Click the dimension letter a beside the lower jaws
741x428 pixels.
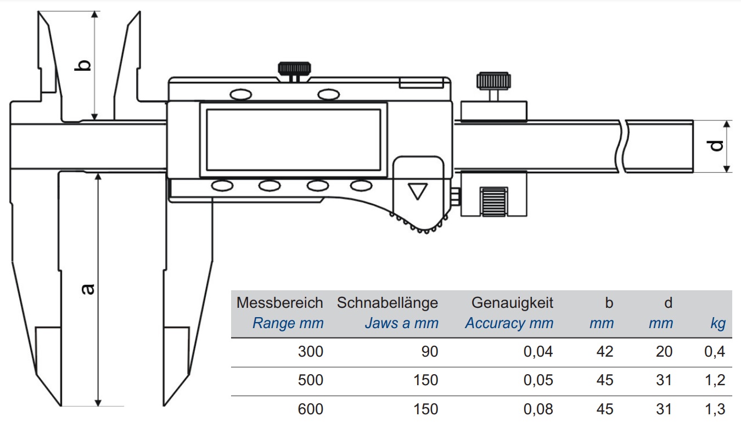(x=88, y=289)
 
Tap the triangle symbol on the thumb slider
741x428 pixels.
(x=418, y=192)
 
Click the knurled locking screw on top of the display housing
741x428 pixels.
(x=294, y=71)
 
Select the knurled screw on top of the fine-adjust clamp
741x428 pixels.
(x=493, y=84)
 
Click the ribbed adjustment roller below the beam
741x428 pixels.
(x=494, y=202)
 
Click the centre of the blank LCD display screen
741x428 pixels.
(x=294, y=140)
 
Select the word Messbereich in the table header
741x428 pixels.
(x=279, y=303)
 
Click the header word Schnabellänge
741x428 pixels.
(x=388, y=303)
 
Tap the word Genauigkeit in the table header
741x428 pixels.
(x=512, y=303)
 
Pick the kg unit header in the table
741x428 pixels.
(x=718, y=323)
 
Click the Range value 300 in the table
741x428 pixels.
(x=310, y=351)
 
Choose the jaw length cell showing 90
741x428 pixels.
(x=430, y=351)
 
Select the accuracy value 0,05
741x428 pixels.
(x=538, y=380)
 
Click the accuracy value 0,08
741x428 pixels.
(x=538, y=409)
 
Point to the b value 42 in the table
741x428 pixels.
(x=605, y=351)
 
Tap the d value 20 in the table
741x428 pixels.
(x=664, y=351)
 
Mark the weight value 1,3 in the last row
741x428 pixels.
(x=715, y=409)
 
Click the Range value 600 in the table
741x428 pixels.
(x=310, y=409)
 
